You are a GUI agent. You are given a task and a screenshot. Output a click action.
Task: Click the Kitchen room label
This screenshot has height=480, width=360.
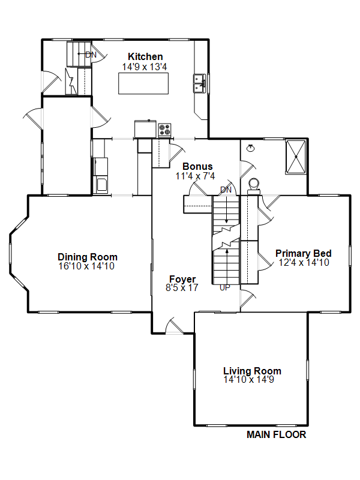point(145,56)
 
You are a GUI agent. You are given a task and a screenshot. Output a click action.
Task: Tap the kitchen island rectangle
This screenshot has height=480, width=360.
point(143,83)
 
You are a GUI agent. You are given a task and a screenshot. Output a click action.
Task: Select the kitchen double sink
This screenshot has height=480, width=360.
point(199,83)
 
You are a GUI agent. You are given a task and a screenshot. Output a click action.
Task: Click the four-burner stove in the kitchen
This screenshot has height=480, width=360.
point(164,130)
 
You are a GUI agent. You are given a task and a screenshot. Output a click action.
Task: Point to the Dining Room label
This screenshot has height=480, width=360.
point(88,257)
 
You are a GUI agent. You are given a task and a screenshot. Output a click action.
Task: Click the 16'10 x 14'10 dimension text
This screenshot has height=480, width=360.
point(86,266)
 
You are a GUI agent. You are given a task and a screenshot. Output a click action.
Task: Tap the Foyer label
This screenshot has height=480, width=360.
point(182,279)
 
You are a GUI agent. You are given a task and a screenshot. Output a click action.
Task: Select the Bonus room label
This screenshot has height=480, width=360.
point(197,167)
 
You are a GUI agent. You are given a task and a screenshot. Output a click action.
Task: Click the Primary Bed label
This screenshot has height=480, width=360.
point(304,253)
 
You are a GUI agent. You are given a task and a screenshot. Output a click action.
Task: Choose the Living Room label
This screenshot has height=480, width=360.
point(252,371)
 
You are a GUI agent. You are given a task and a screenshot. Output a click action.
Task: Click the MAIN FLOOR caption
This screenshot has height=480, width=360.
point(277,434)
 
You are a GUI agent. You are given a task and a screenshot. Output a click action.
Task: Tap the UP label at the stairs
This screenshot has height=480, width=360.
point(224,288)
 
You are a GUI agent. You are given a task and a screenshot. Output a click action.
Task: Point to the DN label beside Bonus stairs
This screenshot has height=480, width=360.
point(226,190)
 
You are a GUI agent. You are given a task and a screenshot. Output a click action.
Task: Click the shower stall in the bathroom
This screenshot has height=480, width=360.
point(296,157)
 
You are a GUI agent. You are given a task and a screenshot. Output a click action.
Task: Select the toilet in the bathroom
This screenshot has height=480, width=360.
point(254,187)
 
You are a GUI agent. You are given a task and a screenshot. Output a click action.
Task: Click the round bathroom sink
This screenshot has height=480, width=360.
point(251,148)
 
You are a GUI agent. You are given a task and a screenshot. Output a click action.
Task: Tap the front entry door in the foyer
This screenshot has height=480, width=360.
point(174,326)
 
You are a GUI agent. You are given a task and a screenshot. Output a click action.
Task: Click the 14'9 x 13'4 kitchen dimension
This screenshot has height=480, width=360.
point(145,67)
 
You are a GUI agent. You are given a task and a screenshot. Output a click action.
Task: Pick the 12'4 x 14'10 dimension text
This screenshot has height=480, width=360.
point(304,263)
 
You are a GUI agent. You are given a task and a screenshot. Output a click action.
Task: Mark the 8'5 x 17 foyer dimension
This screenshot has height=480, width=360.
point(182,288)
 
